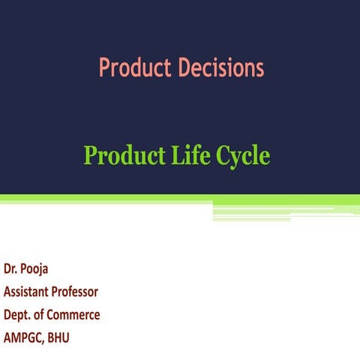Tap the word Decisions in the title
click(220, 69)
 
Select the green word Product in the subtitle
click(118, 156)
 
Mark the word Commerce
click(74, 314)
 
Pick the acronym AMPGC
click(23, 337)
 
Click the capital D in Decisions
click(184, 69)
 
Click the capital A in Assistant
click(7, 291)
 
